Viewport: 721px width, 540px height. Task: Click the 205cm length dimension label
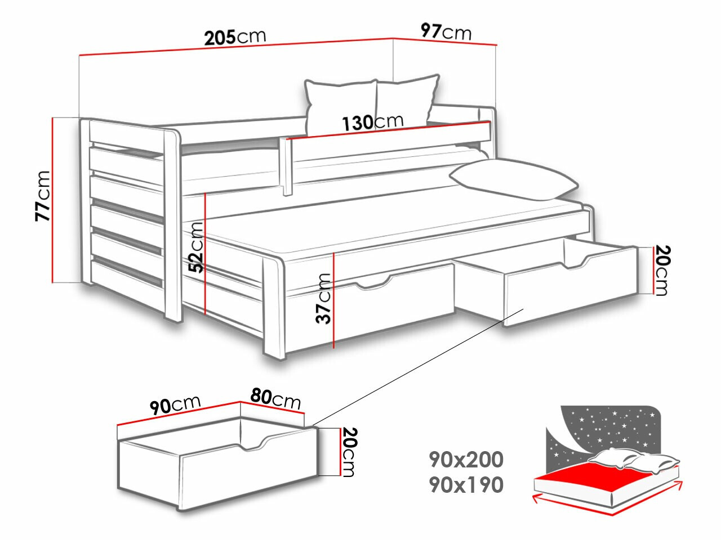coord(235,37)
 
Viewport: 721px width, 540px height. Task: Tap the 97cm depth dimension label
coord(446,31)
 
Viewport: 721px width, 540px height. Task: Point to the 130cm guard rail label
coord(373,121)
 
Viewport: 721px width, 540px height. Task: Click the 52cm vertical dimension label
coord(196,247)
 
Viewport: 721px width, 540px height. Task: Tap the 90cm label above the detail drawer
coord(175,404)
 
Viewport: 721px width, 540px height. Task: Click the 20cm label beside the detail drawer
coord(349,452)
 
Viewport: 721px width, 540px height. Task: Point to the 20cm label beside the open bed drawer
coord(661,271)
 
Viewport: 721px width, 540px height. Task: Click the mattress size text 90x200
coord(466,460)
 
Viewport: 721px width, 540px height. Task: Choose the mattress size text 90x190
coord(466,484)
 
